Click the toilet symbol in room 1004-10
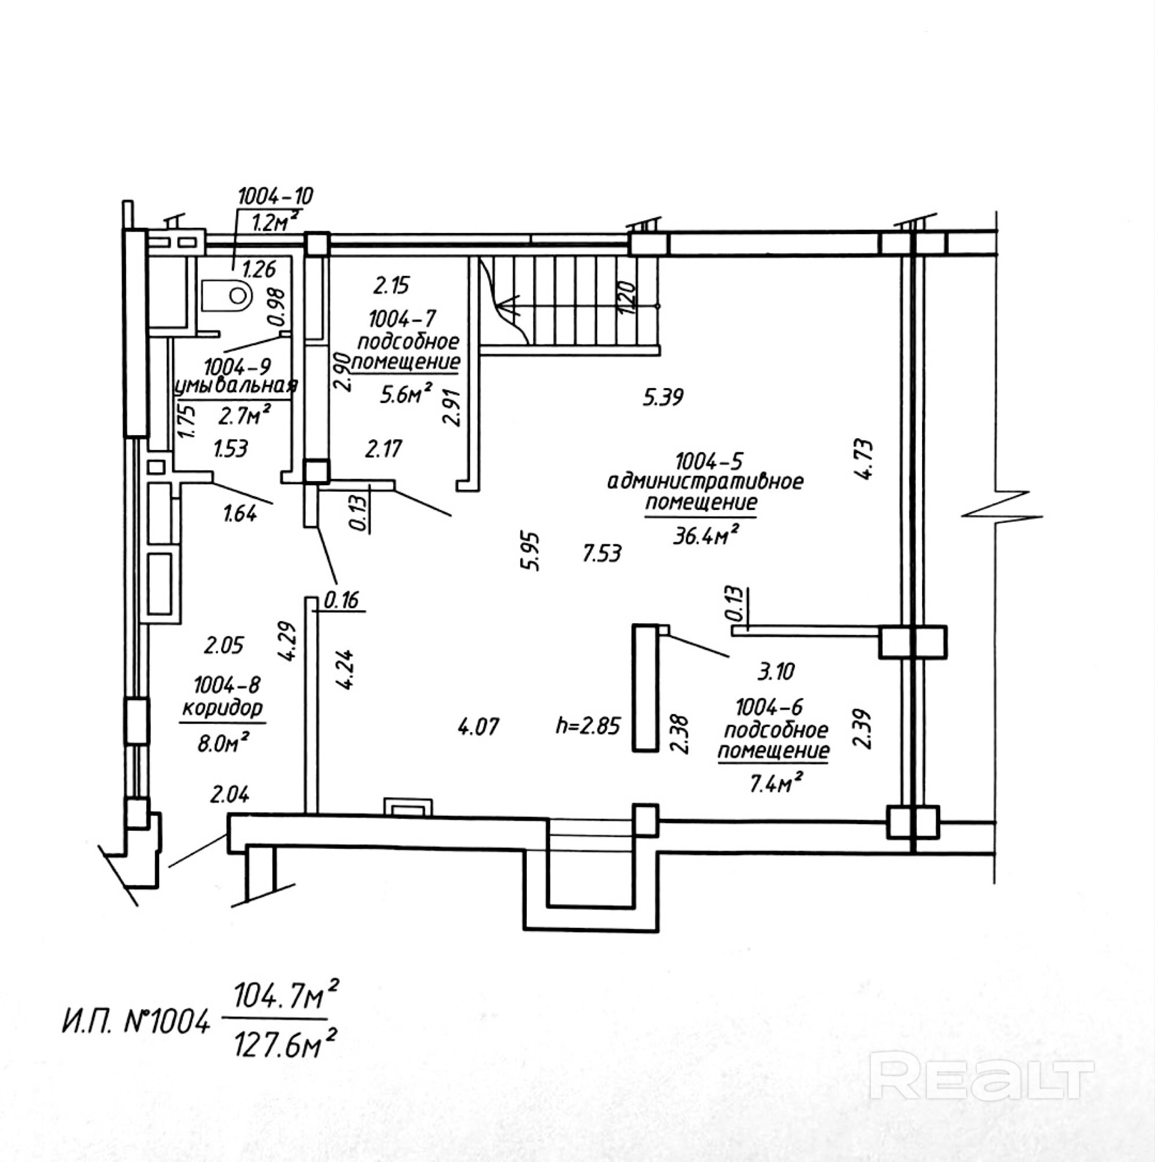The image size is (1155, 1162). [x=225, y=295]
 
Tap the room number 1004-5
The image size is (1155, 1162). [x=709, y=461]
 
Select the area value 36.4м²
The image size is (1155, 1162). [x=706, y=535]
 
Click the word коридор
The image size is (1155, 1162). [x=222, y=708]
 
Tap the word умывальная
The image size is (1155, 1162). [x=236, y=386]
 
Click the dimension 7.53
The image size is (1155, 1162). [x=602, y=553]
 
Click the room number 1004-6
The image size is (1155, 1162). [x=769, y=707]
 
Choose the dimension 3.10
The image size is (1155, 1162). [x=776, y=670]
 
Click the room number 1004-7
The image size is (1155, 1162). [x=402, y=317]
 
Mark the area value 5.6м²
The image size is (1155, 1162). [x=406, y=394]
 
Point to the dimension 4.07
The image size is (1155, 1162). [x=478, y=727]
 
